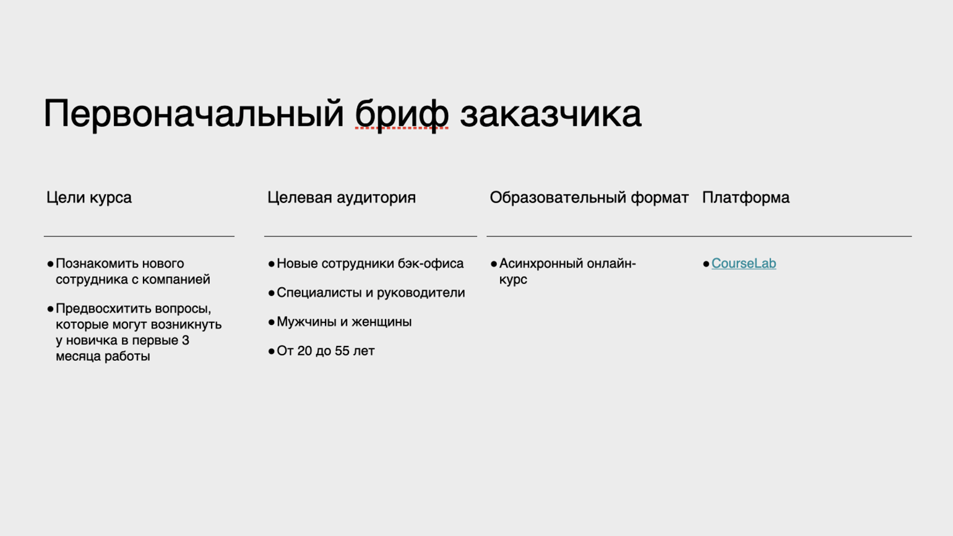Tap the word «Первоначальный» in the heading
(x=194, y=114)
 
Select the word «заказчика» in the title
(x=551, y=114)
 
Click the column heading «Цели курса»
(x=89, y=198)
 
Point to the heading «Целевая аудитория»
(x=342, y=198)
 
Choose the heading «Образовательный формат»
(x=589, y=198)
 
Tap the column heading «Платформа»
(x=746, y=198)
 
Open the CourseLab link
(x=744, y=263)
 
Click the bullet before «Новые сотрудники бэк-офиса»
(x=272, y=264)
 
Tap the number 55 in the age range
(x=342, y=351)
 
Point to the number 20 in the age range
(x=304, y=351)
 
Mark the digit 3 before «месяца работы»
(x=185, y=340)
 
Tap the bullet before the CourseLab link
(x=706, y=264)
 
